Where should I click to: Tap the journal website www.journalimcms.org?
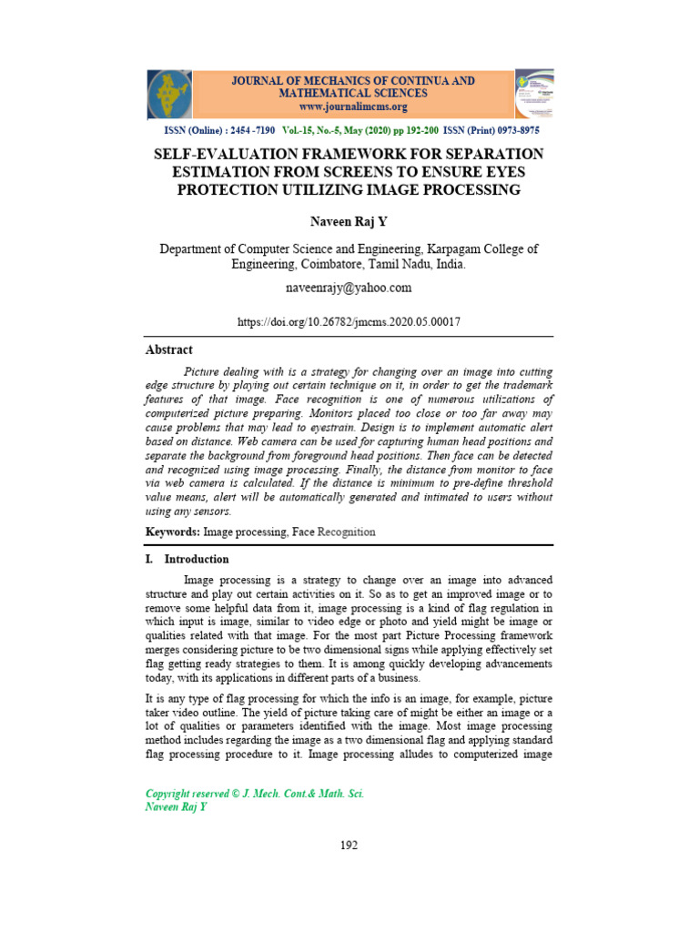[353, 106]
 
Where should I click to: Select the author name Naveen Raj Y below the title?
[349, 220]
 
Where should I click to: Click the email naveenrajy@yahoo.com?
[349, 288]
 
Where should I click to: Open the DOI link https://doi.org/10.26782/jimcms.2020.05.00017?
[349, 322]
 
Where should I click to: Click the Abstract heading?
[169, 349]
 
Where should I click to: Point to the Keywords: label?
[173, 532]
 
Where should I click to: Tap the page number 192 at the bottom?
[349, 845]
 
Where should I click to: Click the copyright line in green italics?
[255, 794]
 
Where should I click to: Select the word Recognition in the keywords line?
[346, 532]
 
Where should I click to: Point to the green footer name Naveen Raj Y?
[177, 807]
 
